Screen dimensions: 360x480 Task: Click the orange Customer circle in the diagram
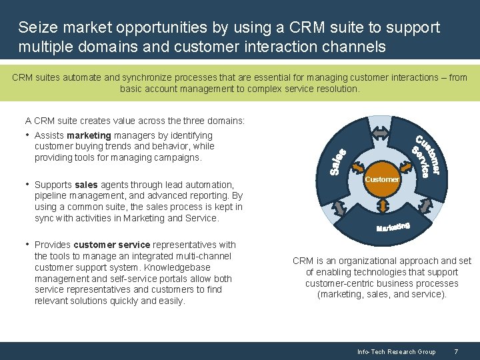382,179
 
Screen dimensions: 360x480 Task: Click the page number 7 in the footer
455,351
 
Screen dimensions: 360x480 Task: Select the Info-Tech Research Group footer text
396,351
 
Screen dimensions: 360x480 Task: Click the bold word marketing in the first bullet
89,135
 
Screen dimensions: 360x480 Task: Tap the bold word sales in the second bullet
86,185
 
